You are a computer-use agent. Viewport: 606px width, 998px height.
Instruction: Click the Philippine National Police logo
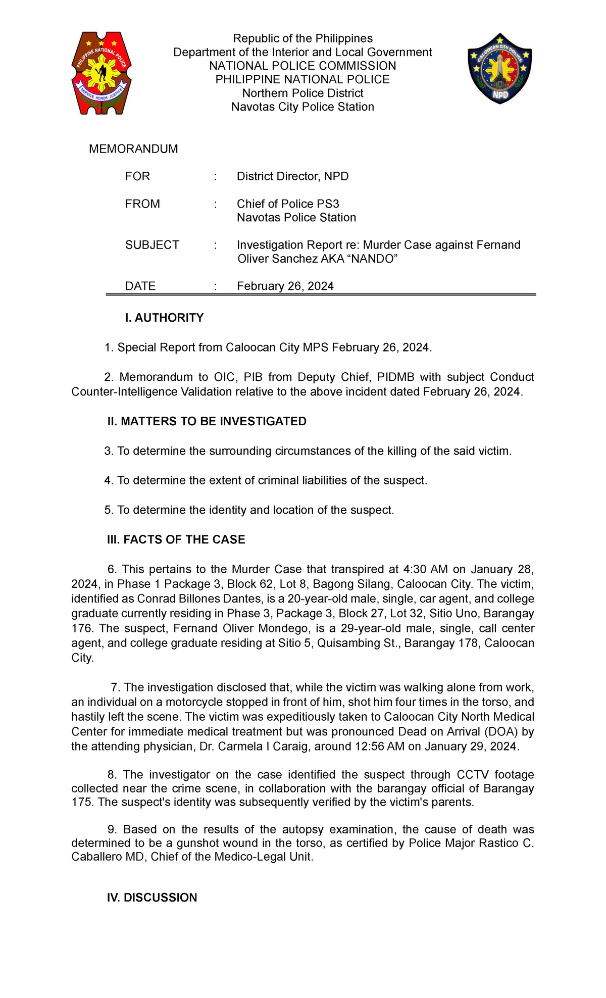click(102, 73)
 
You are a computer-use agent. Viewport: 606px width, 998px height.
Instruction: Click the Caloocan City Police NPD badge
click(499, 69)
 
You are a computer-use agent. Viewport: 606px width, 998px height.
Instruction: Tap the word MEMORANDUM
click(133, 149)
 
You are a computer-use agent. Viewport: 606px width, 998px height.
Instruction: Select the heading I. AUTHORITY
click(164, 318)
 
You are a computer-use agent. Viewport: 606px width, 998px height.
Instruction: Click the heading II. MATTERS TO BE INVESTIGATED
click(207, 421)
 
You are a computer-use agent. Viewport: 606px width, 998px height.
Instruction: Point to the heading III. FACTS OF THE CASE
click(176, 539)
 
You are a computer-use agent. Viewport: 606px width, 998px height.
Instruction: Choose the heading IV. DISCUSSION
click(152, 897)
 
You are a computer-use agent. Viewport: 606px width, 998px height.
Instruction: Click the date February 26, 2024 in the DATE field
click(285, 286)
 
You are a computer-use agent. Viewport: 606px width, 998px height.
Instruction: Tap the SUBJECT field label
click(152, 245)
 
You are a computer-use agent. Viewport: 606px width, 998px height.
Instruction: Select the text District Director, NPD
click(292, 176)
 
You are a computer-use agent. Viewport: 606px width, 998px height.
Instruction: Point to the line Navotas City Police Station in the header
click(302, 107)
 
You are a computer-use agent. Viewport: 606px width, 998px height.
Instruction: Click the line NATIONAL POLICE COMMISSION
click(302, 66)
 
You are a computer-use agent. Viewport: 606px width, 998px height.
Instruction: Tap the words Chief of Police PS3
click(288, 204)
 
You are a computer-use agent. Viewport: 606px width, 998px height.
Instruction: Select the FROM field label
click(142, 204)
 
